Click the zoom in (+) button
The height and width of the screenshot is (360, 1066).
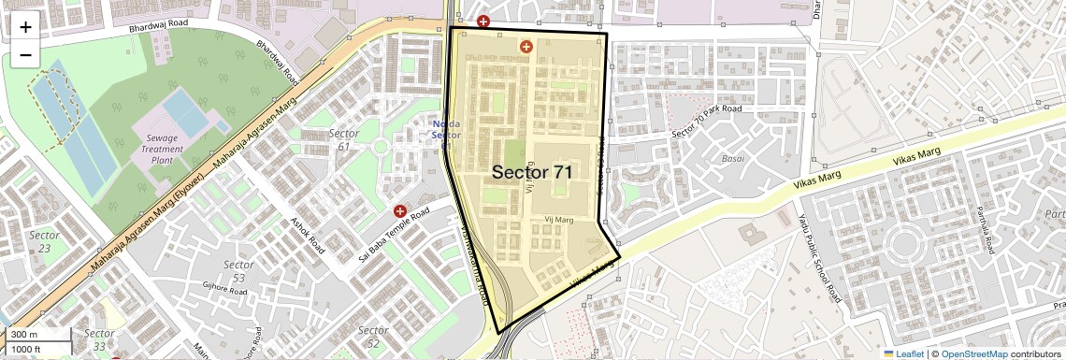(25, 27)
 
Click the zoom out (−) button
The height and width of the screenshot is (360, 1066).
(25, 54)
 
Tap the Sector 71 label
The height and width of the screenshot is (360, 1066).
(531, 172)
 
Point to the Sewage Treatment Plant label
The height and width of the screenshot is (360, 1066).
(163, 149)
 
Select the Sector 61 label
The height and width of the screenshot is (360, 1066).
(344, 139)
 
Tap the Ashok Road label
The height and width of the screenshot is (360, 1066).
(308, 238)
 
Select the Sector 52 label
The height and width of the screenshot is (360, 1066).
(373, 337)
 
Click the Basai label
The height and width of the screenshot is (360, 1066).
(732, 159)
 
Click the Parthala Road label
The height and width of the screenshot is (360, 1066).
(984, 233)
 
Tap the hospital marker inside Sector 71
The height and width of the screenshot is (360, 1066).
(526, 46)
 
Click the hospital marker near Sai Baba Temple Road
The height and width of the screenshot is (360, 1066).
(400, 211)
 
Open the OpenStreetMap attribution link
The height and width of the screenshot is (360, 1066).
(974, 353)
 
